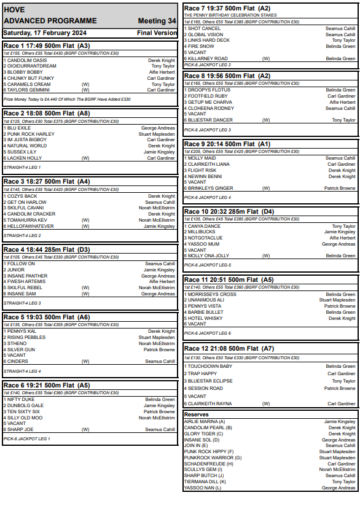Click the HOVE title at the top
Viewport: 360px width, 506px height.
pos(14,10)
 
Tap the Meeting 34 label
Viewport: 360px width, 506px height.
pos(157,21)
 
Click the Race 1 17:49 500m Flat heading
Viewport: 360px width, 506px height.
pos(47,45)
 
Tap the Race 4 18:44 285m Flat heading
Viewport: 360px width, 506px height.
pos(47,249)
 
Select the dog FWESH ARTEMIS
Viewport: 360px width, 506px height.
pos(26,282)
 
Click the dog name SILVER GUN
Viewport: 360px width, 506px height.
pos(23,349)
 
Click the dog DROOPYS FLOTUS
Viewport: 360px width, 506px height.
pos(209,90)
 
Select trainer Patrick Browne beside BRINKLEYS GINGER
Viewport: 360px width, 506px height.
pos(340,188)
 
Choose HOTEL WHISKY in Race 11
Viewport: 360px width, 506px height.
pos(205,318)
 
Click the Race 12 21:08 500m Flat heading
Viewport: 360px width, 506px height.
pos(229,348)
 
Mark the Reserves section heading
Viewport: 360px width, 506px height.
pos(197,415)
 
